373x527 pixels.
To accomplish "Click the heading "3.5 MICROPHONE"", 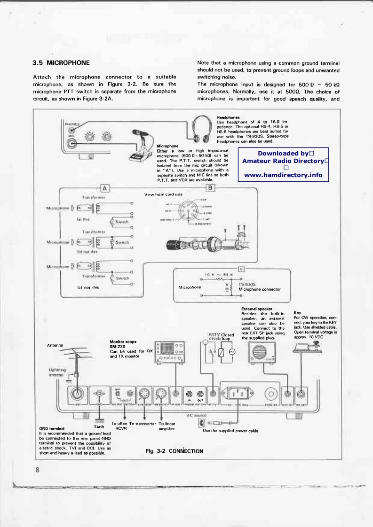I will point(61,62).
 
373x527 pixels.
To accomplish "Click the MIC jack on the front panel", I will point(71,143).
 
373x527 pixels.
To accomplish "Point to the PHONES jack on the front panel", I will point(71,131).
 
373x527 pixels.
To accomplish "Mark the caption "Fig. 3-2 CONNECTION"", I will point(175,451).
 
